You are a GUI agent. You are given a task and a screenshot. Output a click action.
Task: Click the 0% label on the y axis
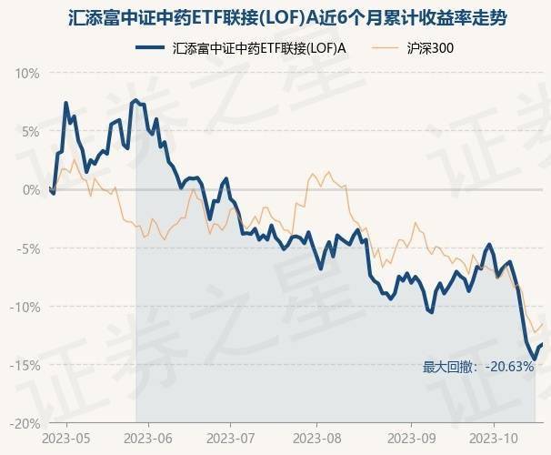click(x=31, y=189)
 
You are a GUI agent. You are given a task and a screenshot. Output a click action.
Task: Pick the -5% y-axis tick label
click(x=28, y=248)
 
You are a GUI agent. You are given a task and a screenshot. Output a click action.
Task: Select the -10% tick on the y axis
click(x=25, y=307)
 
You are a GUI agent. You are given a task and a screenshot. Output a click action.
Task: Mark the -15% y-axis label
click(x=25, y=365)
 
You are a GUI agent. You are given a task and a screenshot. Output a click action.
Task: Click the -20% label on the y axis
click(x=25, y=423)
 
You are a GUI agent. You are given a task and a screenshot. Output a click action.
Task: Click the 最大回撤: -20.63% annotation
click(x=478, y=367)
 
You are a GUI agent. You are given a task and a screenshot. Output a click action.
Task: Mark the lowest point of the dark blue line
click(x=534, y=358)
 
